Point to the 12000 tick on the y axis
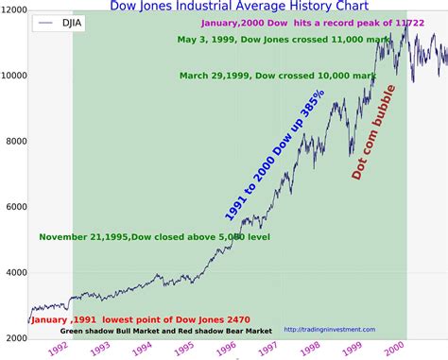tap(13, 10)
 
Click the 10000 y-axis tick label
tap(13, 76)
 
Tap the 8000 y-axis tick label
tap(13, 142)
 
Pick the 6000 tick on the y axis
tap(13, 207)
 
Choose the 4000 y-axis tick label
tap(13, 273)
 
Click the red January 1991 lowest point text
tap(128, 319)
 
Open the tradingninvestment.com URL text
tap(331, 330)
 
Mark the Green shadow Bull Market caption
tap(165, 331)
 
